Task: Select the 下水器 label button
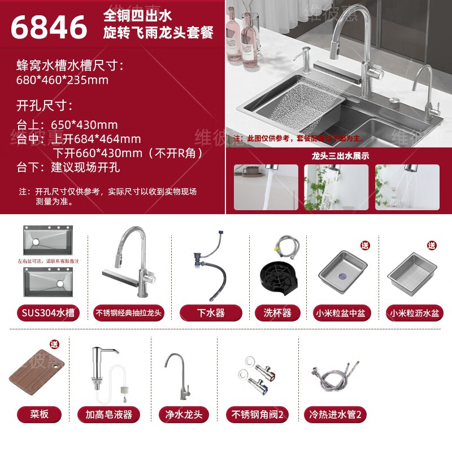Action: point(211,312)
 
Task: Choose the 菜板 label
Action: point(40,414)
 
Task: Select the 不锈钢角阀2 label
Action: point(257,414)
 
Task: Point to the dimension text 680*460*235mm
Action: point(63,80)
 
